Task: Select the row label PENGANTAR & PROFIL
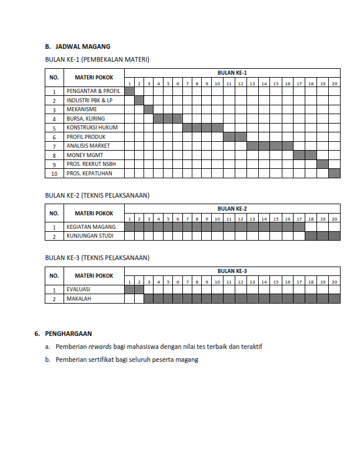click(93, 92)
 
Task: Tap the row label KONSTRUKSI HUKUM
click(92, 128)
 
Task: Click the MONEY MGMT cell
click(85, 155)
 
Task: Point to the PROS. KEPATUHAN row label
click(89, 174)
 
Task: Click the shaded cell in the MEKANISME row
click(149, 109)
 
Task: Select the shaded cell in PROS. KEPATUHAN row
click(334, 174)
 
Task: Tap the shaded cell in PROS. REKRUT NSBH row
click(322, 164)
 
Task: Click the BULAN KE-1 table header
click(232, 72)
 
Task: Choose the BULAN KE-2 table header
click(232, 209)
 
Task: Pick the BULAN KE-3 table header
click(232, 271)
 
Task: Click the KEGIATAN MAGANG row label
click(91, 227)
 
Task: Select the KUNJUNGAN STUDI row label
click(91, 236)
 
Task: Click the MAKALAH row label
click(79, 298)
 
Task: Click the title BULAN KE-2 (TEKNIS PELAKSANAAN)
click(97, 195)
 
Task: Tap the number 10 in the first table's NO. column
click(54, 174)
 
